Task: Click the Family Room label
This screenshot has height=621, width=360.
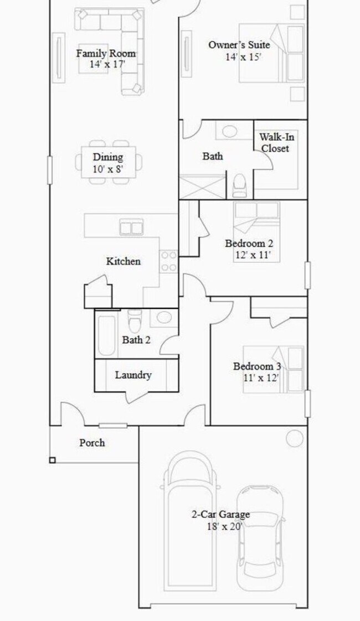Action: click(x=105, y=54)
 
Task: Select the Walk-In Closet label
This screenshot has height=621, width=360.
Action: click(x=275, y=142)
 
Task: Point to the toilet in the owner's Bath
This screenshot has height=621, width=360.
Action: click(x=239, y=185)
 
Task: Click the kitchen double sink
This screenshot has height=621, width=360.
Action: click(x=131, y=227)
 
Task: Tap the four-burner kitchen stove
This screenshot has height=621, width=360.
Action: click(x=168, y=262)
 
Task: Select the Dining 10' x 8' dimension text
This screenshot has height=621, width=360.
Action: click(x=107, y=169)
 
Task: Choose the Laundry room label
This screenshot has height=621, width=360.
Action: click(x=133, y=375)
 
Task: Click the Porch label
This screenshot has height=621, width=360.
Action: click(x=92, y=443)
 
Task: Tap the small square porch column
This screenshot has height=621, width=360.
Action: click(x=53, y=460)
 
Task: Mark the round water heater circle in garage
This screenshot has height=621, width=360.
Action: click(x=295, y=438)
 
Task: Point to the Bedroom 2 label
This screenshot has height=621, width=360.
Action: click(x=249, y=244)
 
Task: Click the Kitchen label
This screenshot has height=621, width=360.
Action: click(x=123, y=261)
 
